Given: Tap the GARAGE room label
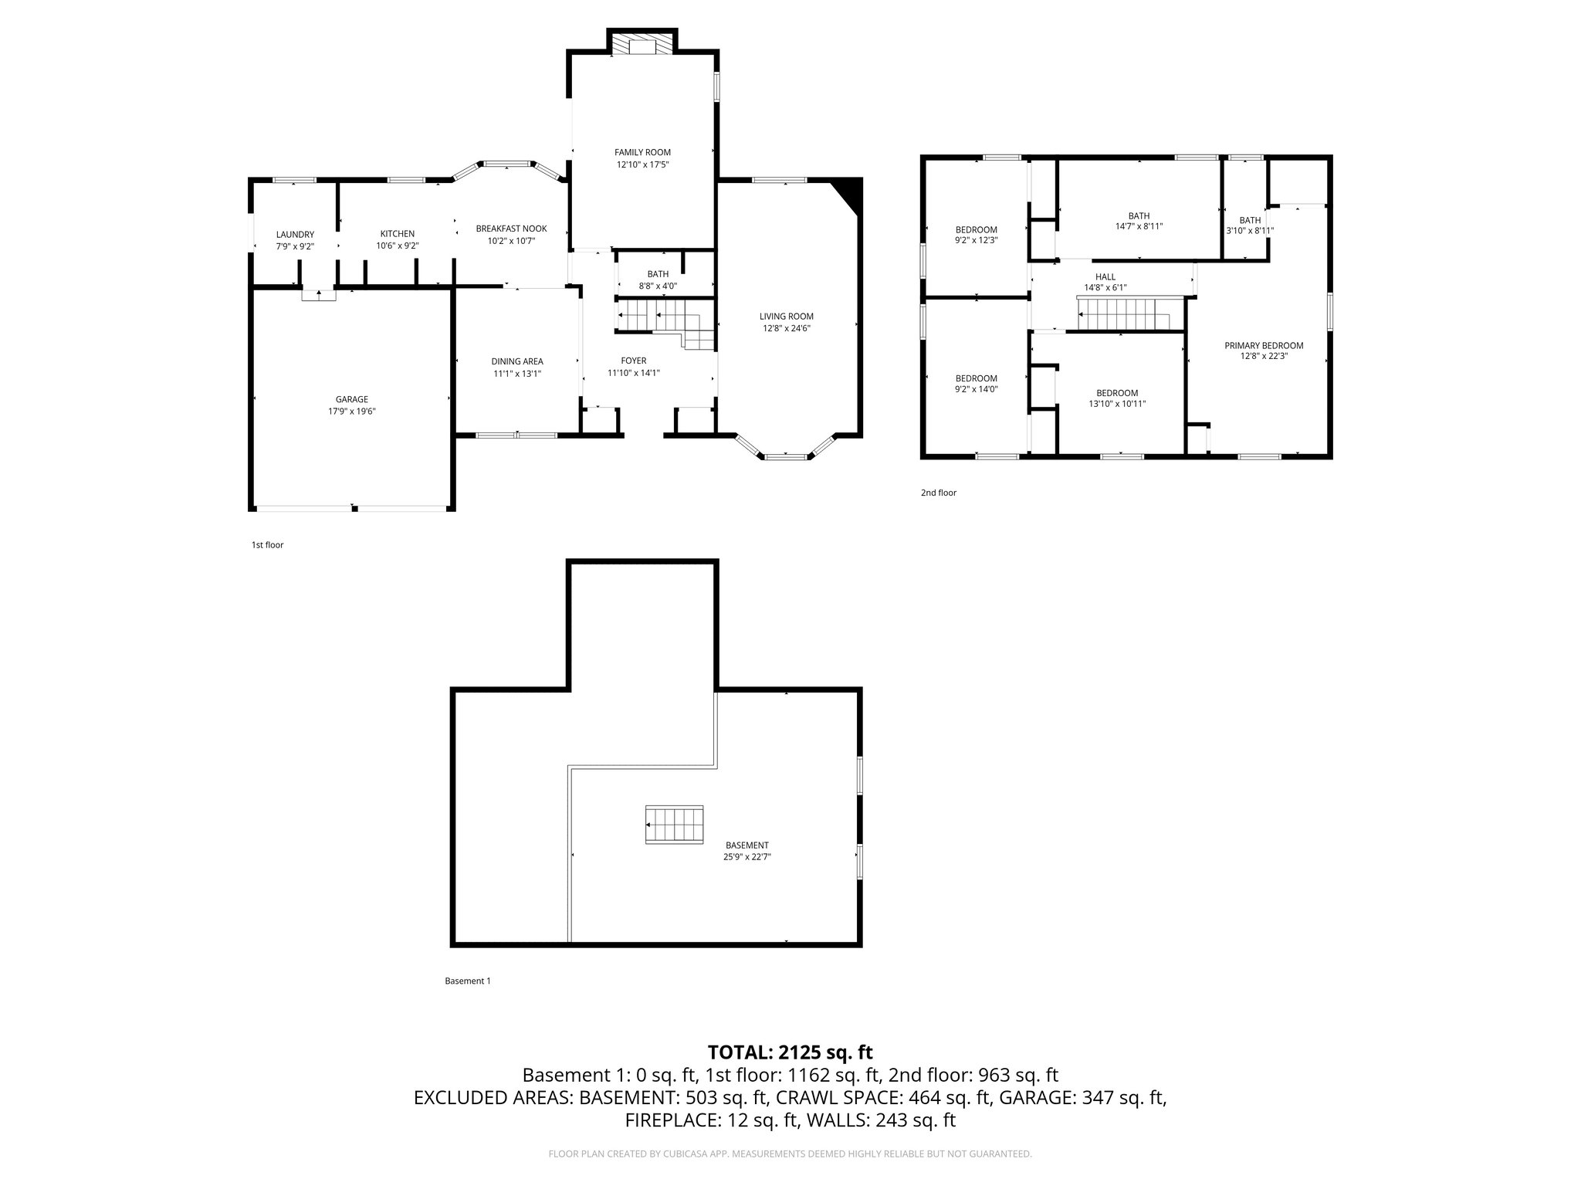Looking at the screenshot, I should point(351,399).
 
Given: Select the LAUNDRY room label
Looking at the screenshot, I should point(295,234).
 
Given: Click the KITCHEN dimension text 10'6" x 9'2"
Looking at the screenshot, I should point(397,246).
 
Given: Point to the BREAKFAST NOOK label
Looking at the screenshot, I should point(511,229).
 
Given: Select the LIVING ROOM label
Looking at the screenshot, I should point(786,316).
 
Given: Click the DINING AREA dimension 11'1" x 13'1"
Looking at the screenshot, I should point(517,374).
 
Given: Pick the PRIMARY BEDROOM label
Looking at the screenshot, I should point(1263,345).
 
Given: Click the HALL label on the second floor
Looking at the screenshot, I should point(1105,276).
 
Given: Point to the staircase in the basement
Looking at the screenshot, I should point(675,825).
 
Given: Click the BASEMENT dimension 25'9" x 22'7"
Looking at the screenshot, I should point(746,856).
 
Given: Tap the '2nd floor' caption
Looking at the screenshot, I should point(938,493).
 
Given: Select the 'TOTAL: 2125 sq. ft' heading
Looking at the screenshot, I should point(790,1052).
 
